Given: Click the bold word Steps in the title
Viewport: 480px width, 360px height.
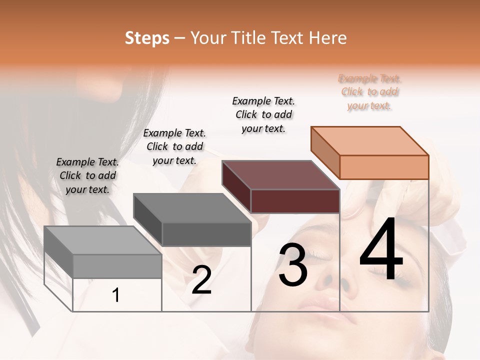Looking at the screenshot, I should point(147,38).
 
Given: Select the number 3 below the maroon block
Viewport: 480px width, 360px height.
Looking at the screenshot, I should point(293,265).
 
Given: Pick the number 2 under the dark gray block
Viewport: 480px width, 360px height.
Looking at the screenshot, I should point(201,280).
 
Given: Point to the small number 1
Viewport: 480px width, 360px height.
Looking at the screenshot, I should point(116,295).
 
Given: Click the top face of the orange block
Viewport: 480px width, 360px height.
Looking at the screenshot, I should point(370,141).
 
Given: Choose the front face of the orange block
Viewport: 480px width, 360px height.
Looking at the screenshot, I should point(384,167).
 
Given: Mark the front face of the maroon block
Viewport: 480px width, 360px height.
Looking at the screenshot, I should point(295,201).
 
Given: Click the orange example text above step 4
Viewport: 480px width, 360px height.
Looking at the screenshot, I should point(369,92).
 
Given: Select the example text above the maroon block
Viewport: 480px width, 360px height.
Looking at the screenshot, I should point(263,114).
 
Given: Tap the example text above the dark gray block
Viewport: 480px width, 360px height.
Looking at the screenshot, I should point(174,146).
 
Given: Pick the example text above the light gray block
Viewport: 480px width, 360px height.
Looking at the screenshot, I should point(87,175).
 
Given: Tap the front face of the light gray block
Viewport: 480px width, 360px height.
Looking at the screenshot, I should point(117,266).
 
